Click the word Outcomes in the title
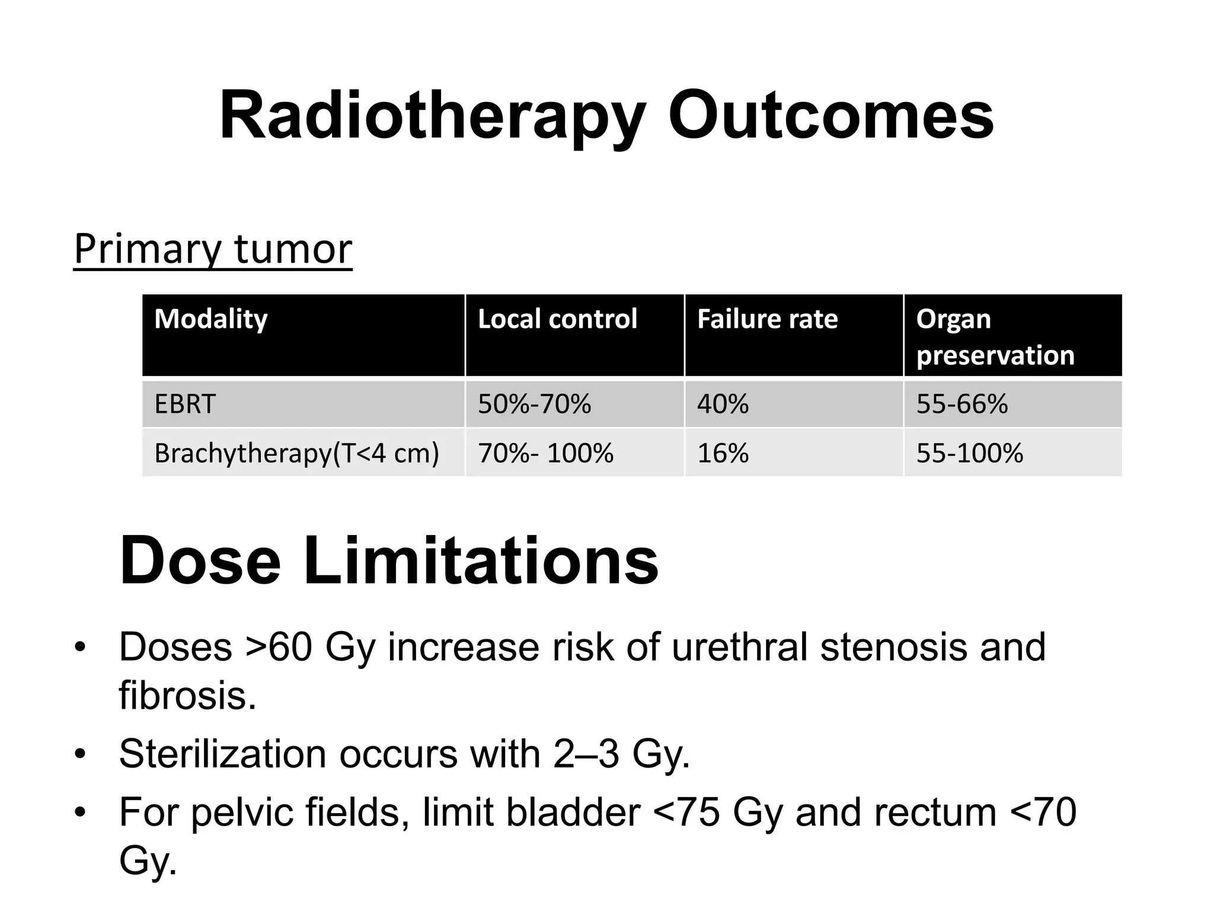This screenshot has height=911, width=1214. pyautogui.click(x=830, y=116)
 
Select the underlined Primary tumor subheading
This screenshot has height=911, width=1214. pyautogui.click(x=213, y=249)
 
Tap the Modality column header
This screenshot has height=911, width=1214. pyautogui.click(x=211, y=319)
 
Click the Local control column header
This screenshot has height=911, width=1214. pyautogui.click(x=557, y=319)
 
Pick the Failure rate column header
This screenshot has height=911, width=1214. pyautogui.click(x=767, y=319)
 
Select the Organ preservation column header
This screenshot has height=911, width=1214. pyautogui.click(x=995, y=336)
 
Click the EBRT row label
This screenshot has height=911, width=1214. pyautogui.click(x=185, y=404)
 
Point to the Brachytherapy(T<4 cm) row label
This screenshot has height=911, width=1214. pyautogui.click(x=296, y=454)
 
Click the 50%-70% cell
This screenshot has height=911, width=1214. pyautogui.click(x=534, y=404)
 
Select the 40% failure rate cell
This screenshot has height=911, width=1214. pyautogui.click(x=723, y=404)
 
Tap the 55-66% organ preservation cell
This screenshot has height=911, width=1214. pyautogui.click(x=961, y=404)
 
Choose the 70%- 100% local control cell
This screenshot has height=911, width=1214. pyautogui.click(x=545, y=454)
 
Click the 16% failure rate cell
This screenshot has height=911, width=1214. pyautogui.click(x=723, y=454)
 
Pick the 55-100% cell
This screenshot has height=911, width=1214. pyautogui.click(x=969, y=454)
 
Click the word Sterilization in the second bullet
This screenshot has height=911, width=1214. pyautogui.click(x=222, y=754)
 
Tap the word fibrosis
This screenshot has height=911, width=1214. pyautogui.click(x=187, y=695)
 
